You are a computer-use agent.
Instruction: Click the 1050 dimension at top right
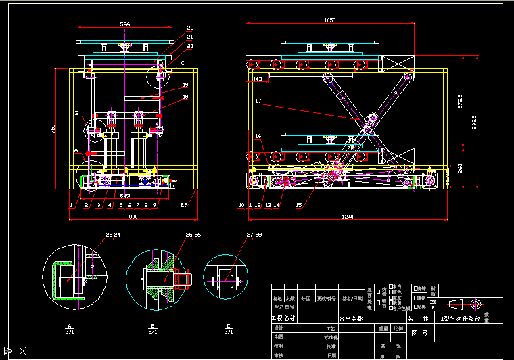[x=330, y=20]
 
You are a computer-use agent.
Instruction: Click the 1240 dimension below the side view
[x=348, y=216]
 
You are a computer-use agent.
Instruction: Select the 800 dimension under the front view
[x=132, y=216]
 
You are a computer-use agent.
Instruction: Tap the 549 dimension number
[x=125, y=196]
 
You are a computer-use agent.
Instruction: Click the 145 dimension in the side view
[x=257, y=79]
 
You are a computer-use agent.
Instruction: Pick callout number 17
[x=258, y=102]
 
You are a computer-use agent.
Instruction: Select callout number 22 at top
[x=190, y=28]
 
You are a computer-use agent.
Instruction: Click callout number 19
[x=185, y=85]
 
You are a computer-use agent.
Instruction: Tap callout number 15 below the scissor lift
[x=299, y=204]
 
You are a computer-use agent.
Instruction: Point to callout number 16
[x=258, y=136]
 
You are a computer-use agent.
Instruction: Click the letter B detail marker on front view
[x=77, y=113]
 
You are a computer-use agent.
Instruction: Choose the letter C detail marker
[x=182, y=62]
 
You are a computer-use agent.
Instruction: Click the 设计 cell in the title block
[x=278, y=328]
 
